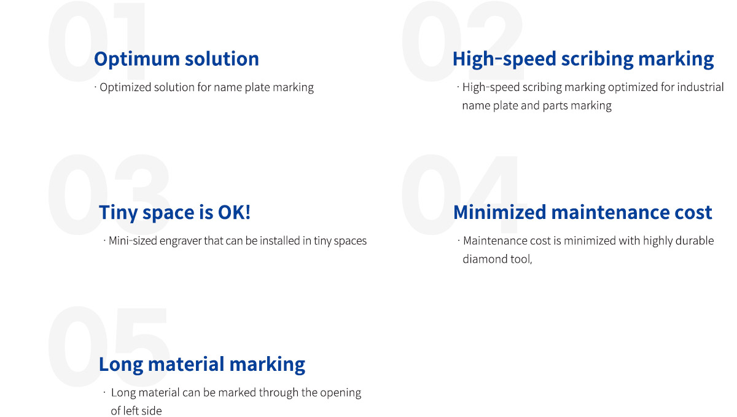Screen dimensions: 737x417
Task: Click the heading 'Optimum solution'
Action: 176,59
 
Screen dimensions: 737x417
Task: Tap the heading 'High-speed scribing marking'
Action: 583,59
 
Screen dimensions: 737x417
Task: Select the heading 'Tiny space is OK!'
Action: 174,212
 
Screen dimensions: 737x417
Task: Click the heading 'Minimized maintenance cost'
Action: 583,212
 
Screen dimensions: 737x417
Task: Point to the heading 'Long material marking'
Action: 202,365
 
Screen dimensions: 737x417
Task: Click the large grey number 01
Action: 97,41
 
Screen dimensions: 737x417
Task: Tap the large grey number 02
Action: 462,41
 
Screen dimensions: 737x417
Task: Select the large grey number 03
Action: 109,194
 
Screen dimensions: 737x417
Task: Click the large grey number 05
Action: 109,346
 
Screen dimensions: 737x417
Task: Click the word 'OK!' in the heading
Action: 234,212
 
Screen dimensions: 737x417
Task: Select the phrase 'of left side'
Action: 136,411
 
